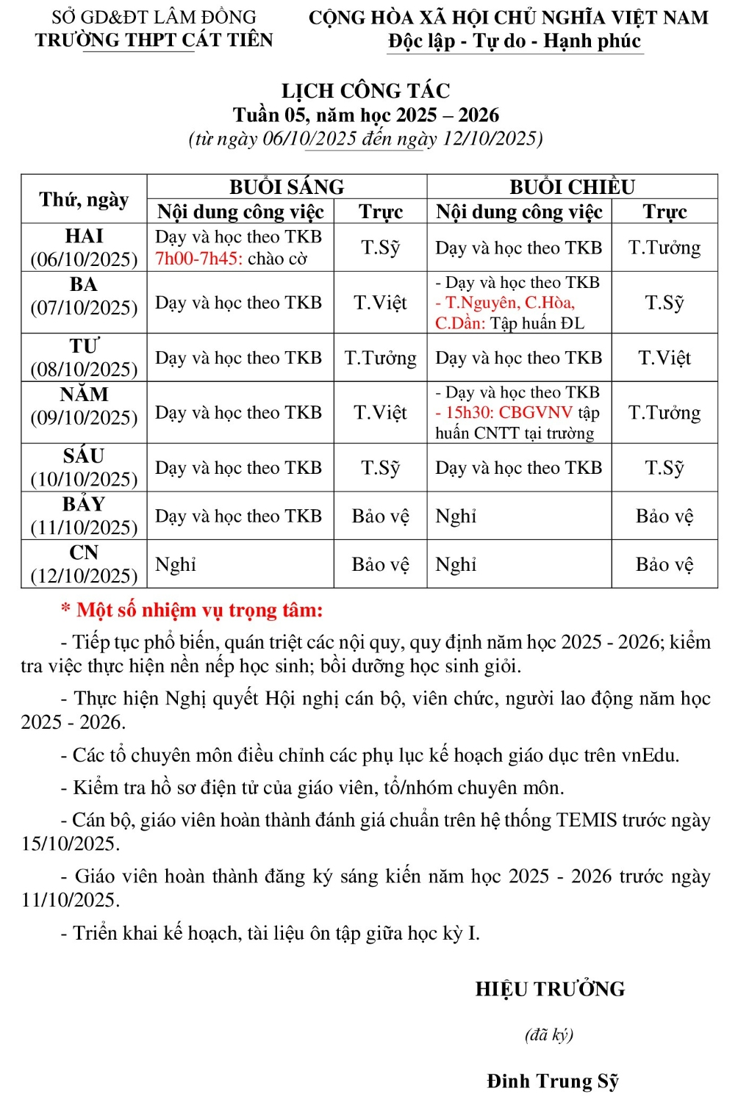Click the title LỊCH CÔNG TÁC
tap(365, 90)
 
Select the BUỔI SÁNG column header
tap(286, 187)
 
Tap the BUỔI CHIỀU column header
tap(571, 187)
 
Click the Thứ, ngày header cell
tap(84, 199)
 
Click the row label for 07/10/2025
tap(84, 296)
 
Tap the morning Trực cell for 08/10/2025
tap(380, 358)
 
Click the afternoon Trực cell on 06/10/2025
tap(664, 248)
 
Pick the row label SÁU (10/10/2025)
tap(84, 467)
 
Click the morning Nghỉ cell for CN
tap(176, 564)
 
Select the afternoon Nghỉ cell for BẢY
tap(456, 516)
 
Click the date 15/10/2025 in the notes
tap(70, 843)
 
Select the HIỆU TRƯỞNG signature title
tap(550, 989)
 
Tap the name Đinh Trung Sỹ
tap(552, 1081)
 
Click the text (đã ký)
tap(549, 1034)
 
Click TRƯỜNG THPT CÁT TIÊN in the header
tap(154, 40)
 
